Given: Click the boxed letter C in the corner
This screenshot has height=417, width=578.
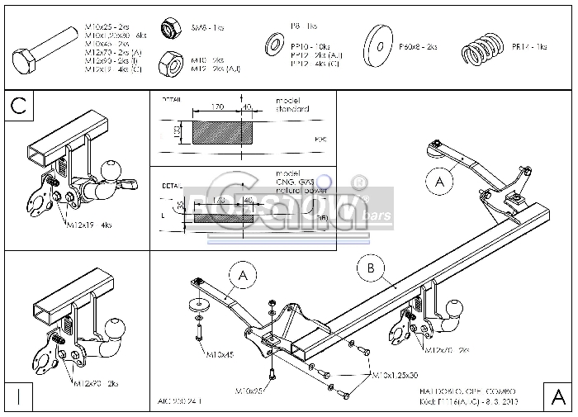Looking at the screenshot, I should point(19,107).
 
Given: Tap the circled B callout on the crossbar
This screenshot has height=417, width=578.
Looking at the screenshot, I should point(372,268).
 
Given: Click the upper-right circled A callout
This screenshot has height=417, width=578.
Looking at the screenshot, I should point(440,178).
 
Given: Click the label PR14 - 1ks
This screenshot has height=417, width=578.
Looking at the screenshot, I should point(529,47).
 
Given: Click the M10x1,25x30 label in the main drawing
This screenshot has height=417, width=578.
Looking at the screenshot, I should point(395,374).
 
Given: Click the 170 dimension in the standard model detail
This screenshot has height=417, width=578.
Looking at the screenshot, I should point(217,106).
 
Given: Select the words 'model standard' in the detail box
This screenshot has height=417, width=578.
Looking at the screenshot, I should point(292,105).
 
